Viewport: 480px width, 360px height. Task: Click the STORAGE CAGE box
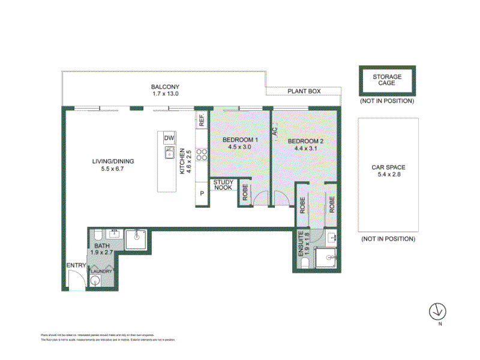[387, 80]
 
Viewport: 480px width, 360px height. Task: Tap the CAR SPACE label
[388, 167]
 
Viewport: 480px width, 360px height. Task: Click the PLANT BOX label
[304, 91]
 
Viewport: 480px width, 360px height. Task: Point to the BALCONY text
[165, 87]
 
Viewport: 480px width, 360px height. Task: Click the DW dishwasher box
[169, 139]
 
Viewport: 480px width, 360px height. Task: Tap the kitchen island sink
[169, 154]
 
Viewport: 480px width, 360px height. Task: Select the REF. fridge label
[202, 120]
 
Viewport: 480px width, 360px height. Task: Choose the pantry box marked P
[202, 194]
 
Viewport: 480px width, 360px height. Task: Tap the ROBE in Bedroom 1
[245, 192]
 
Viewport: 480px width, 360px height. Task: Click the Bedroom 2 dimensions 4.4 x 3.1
[305, 148]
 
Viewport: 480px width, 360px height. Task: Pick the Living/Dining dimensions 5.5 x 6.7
[113, 169]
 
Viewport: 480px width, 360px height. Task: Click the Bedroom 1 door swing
[260, 199]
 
